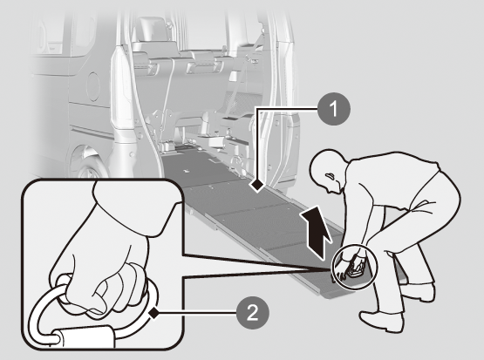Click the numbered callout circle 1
coord(334,109)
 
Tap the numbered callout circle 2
coord(253,313)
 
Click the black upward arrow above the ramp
coord(317,231)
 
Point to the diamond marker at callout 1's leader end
coord(256,186)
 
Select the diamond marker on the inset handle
coord(153,314)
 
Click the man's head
coord(330,172)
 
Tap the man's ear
coord(330,176)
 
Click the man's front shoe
coord(382,322)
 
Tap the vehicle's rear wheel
coord(88,164)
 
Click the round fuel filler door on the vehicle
coord(93,86)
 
